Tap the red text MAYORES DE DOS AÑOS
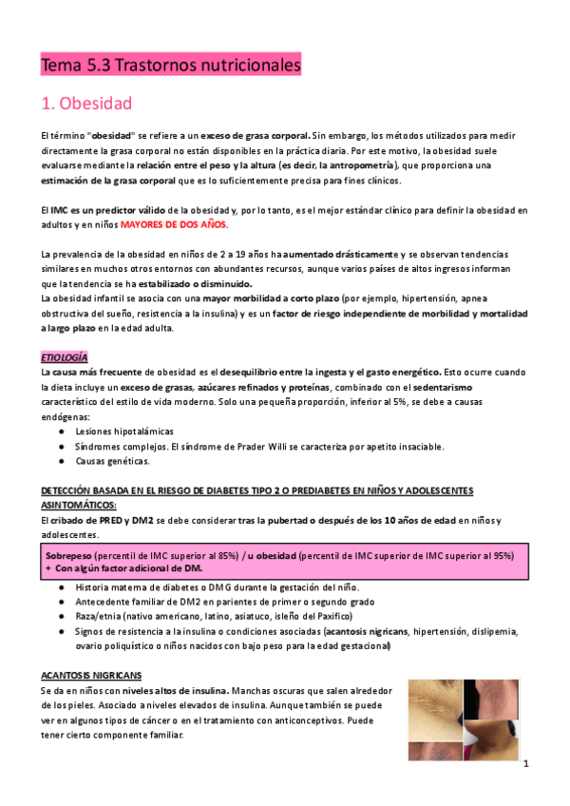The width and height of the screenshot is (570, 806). click(179, 224)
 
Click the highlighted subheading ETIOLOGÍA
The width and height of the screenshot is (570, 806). click(65, 357)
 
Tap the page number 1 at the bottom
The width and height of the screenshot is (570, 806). click(525, 763)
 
